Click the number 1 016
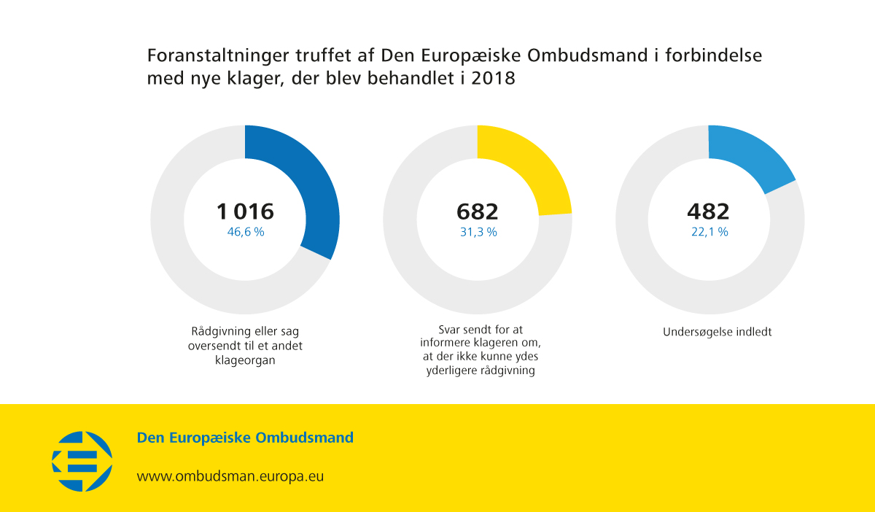[x=245, y=212]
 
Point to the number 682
[x=478, y=212]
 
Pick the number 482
[x=708, y=212]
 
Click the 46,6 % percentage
[x=245, y=232]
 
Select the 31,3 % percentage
[x=478, y=232]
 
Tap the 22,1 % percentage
[x=709, y=232]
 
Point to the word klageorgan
[x=245, y=360]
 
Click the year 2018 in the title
[x=494, y=79]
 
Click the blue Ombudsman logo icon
[x=82, y=460]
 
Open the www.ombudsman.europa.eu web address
[x=230, y=476]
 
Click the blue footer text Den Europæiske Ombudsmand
[x=245, y=438]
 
